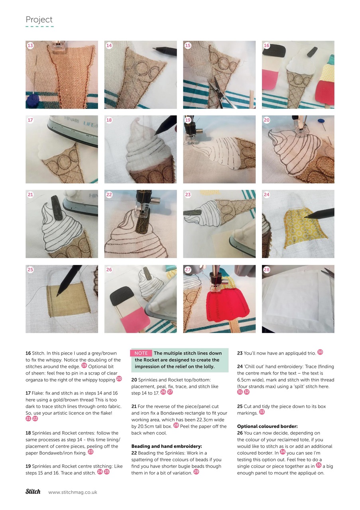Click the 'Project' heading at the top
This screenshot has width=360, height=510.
(39, 20)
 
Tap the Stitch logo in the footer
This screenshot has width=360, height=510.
(33, 492)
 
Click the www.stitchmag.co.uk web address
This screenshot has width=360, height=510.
(73, 492)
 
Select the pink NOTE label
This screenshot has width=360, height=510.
(141, 353)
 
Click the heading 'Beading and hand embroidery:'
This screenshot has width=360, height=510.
(167, 446)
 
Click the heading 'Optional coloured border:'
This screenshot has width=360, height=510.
(267, 426)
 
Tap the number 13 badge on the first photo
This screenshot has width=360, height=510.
(30, 45)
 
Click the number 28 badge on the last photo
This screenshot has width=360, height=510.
(267, 270)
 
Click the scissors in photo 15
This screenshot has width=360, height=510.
(220, 92)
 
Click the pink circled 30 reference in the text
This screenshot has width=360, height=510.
(320, 352)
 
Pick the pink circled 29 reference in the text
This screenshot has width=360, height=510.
(196, 472)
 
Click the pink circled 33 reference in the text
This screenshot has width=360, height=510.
(262, 412)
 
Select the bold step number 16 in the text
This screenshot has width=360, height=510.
(28, 353)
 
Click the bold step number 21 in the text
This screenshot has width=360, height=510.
(134, 406)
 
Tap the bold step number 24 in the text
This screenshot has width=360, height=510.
(240, 367)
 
